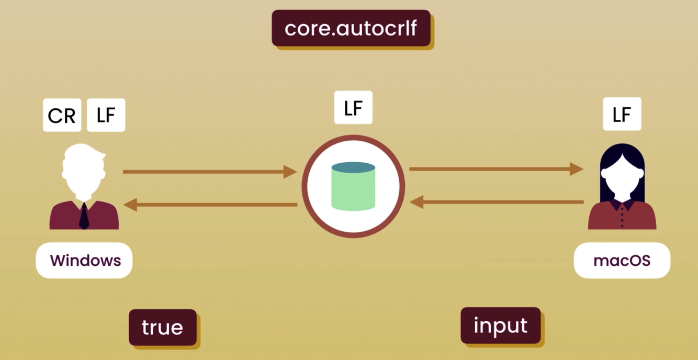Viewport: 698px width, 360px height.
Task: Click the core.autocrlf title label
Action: pyautogui.click(x=351, y=28)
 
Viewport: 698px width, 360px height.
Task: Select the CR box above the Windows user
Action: pyautogui.click(x=62, y=115)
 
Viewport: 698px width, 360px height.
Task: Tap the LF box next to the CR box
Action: pyautogui.click(x=106, y=115)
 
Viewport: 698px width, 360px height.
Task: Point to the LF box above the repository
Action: pyautogui.click(x=353, y=108)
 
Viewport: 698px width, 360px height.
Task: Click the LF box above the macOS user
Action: pyautogui.click(x=622, y=114)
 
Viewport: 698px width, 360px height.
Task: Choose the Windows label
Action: pyautogui.click(x=84, y=260)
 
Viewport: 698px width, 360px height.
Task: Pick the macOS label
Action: pyautogui.click(x=622, y=260)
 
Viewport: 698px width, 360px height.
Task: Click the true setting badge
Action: pyautogui.click(x=162, y=327)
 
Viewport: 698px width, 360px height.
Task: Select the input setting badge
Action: pyautogui.click(x=500, y=325)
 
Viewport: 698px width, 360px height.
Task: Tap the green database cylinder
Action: pyautogui.click(x=353, y=191)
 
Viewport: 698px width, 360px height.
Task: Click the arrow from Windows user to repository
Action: pyautogui.click(x=209, y=171)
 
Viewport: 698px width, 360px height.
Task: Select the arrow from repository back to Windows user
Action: pyautogui.click(x=209, y=205)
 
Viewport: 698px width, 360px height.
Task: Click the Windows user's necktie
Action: pyautogui.click(x=84, y=216)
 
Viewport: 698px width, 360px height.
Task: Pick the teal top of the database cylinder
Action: pyautogui.click(x=353, y=167)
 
